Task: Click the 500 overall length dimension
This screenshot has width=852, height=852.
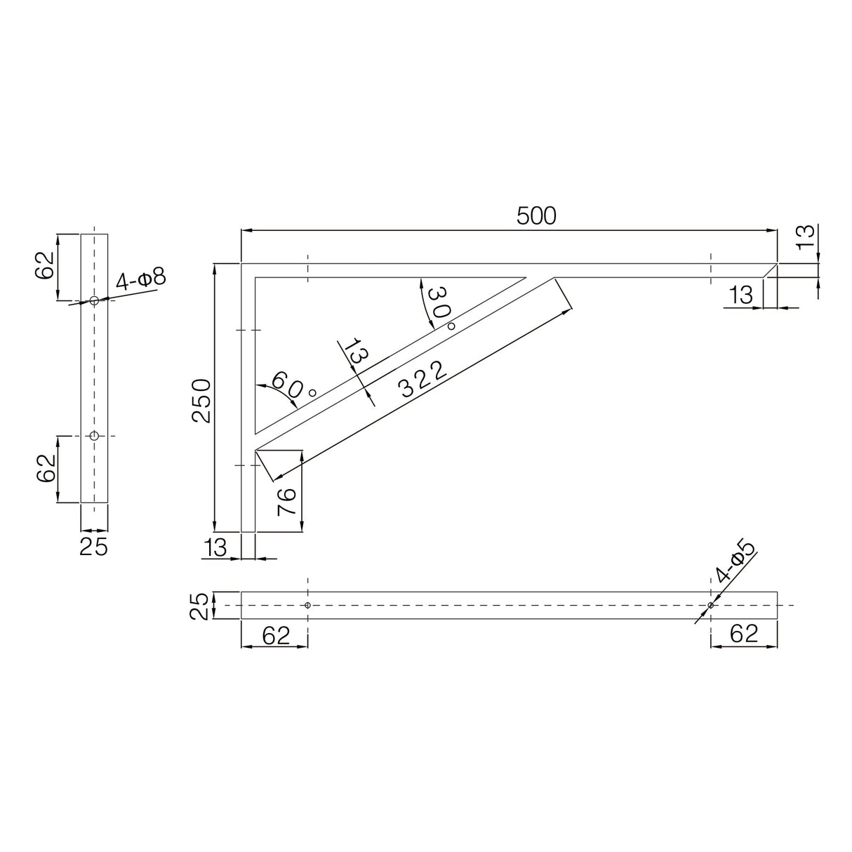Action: (x=536, y=216)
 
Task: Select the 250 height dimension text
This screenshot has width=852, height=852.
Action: (x=201, y=400)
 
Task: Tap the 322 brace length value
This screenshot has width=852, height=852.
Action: (x=422, y=380)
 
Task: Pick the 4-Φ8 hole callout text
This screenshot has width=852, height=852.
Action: (x=141, y=280)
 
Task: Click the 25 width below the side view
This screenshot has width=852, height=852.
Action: (x=93, y=546)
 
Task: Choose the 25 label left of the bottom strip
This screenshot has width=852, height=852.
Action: (x=201, y=606)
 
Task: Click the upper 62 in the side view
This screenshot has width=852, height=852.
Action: (x=45, y=263)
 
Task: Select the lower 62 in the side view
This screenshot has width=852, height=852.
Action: (x=45, y=467)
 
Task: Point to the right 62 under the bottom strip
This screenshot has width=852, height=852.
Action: (x=744, y=634)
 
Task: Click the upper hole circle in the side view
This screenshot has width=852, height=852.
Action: (x=94, y=300)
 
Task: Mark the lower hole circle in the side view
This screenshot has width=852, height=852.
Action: (x=94, y=436)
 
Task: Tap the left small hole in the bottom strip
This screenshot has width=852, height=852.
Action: (x=307, y=605)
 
